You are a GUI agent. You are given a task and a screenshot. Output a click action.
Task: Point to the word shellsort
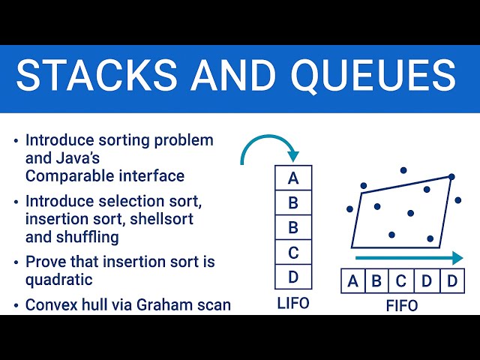click(x=159, y=219)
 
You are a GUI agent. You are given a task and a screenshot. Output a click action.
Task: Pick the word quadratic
click(x=59, y=280)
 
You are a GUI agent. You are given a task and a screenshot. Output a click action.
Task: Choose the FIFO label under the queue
click(x=401, y=305)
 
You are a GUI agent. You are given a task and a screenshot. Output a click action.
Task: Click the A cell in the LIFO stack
click(x=293, y=178)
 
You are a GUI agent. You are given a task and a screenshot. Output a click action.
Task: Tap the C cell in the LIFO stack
click(x=293, y=252)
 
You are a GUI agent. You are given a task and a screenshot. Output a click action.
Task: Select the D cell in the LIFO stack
click(x=293, y=277)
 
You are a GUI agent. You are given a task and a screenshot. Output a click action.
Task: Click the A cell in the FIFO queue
click(x=352, y=282)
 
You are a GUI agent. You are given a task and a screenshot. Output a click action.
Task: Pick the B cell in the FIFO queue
click(x=377, y=282)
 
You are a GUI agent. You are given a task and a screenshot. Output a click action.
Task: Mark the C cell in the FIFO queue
click(x=401, y=282)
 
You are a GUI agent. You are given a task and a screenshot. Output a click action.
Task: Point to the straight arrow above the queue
click(x=409, y=258)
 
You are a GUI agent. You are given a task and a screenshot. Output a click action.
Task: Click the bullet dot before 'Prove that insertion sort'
click(x=16, y=262)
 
